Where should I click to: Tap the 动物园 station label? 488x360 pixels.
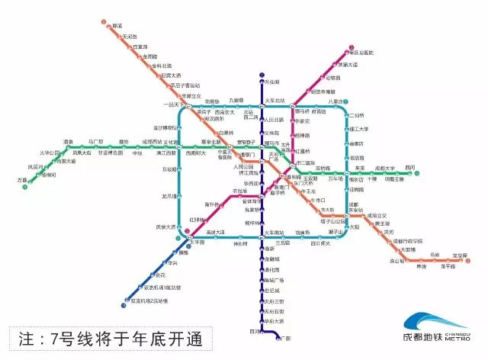332,79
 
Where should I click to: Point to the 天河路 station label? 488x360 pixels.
127,37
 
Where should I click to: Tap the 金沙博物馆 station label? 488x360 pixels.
165,127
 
